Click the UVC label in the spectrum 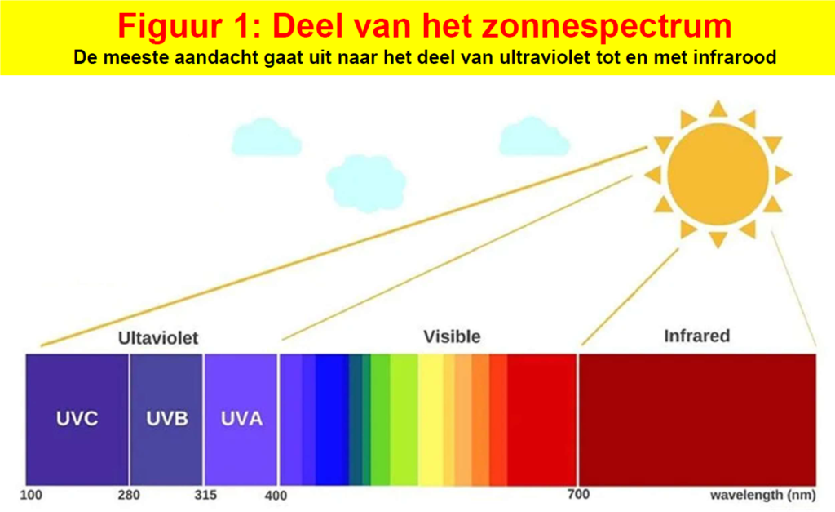(77, 419)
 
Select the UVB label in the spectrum (167, 419)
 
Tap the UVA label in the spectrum (242, 419)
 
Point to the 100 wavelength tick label (31, 495)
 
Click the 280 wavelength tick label (130, 495)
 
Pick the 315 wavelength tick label (205, 495)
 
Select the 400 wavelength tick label (276, 495)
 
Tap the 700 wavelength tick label (577, 495)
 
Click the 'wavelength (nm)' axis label (767, 495)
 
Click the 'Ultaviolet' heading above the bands (158, 338)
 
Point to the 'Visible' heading (452, 336)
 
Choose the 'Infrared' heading (696, 336)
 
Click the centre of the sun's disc (718, 173)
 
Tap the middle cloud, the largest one (366, 182)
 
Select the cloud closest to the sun (534, 136)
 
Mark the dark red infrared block (697, 419)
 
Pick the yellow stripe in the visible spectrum (431, 419)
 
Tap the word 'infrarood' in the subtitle (740, 58)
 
